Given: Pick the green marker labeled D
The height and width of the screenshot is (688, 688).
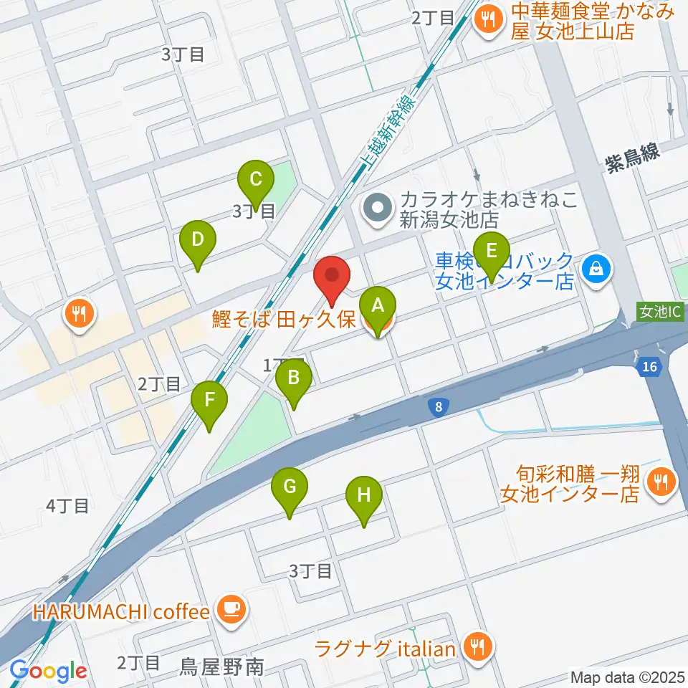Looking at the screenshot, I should pyautogui.click(x=199, y=242).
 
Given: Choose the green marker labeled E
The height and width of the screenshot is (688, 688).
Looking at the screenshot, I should pyautogui.click(x=491, y=254).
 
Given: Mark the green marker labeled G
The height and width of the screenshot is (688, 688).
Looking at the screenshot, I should pyautogui.click(x=290, y=491).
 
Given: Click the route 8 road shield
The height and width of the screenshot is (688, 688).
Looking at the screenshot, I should pyautogui.click(x=438, y=406).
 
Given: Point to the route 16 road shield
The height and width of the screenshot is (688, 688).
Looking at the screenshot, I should pyautogui.click(x=649, y=367).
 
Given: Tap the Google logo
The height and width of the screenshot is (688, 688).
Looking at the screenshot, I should pyautogui.click(x=49, y=671).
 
